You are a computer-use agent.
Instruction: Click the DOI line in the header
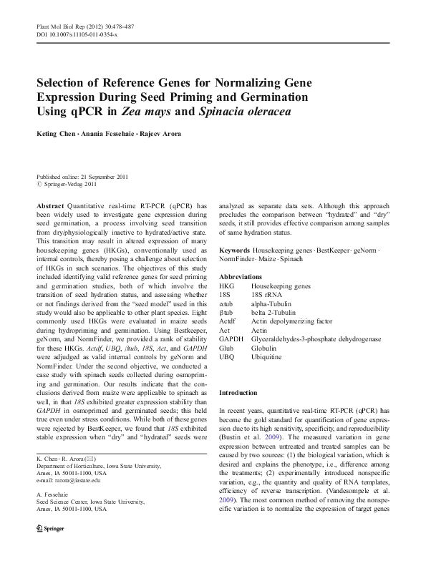click(77, 34)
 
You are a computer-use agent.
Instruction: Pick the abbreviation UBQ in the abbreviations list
click(226, 356)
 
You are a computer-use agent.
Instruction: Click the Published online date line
click(84, 176)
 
